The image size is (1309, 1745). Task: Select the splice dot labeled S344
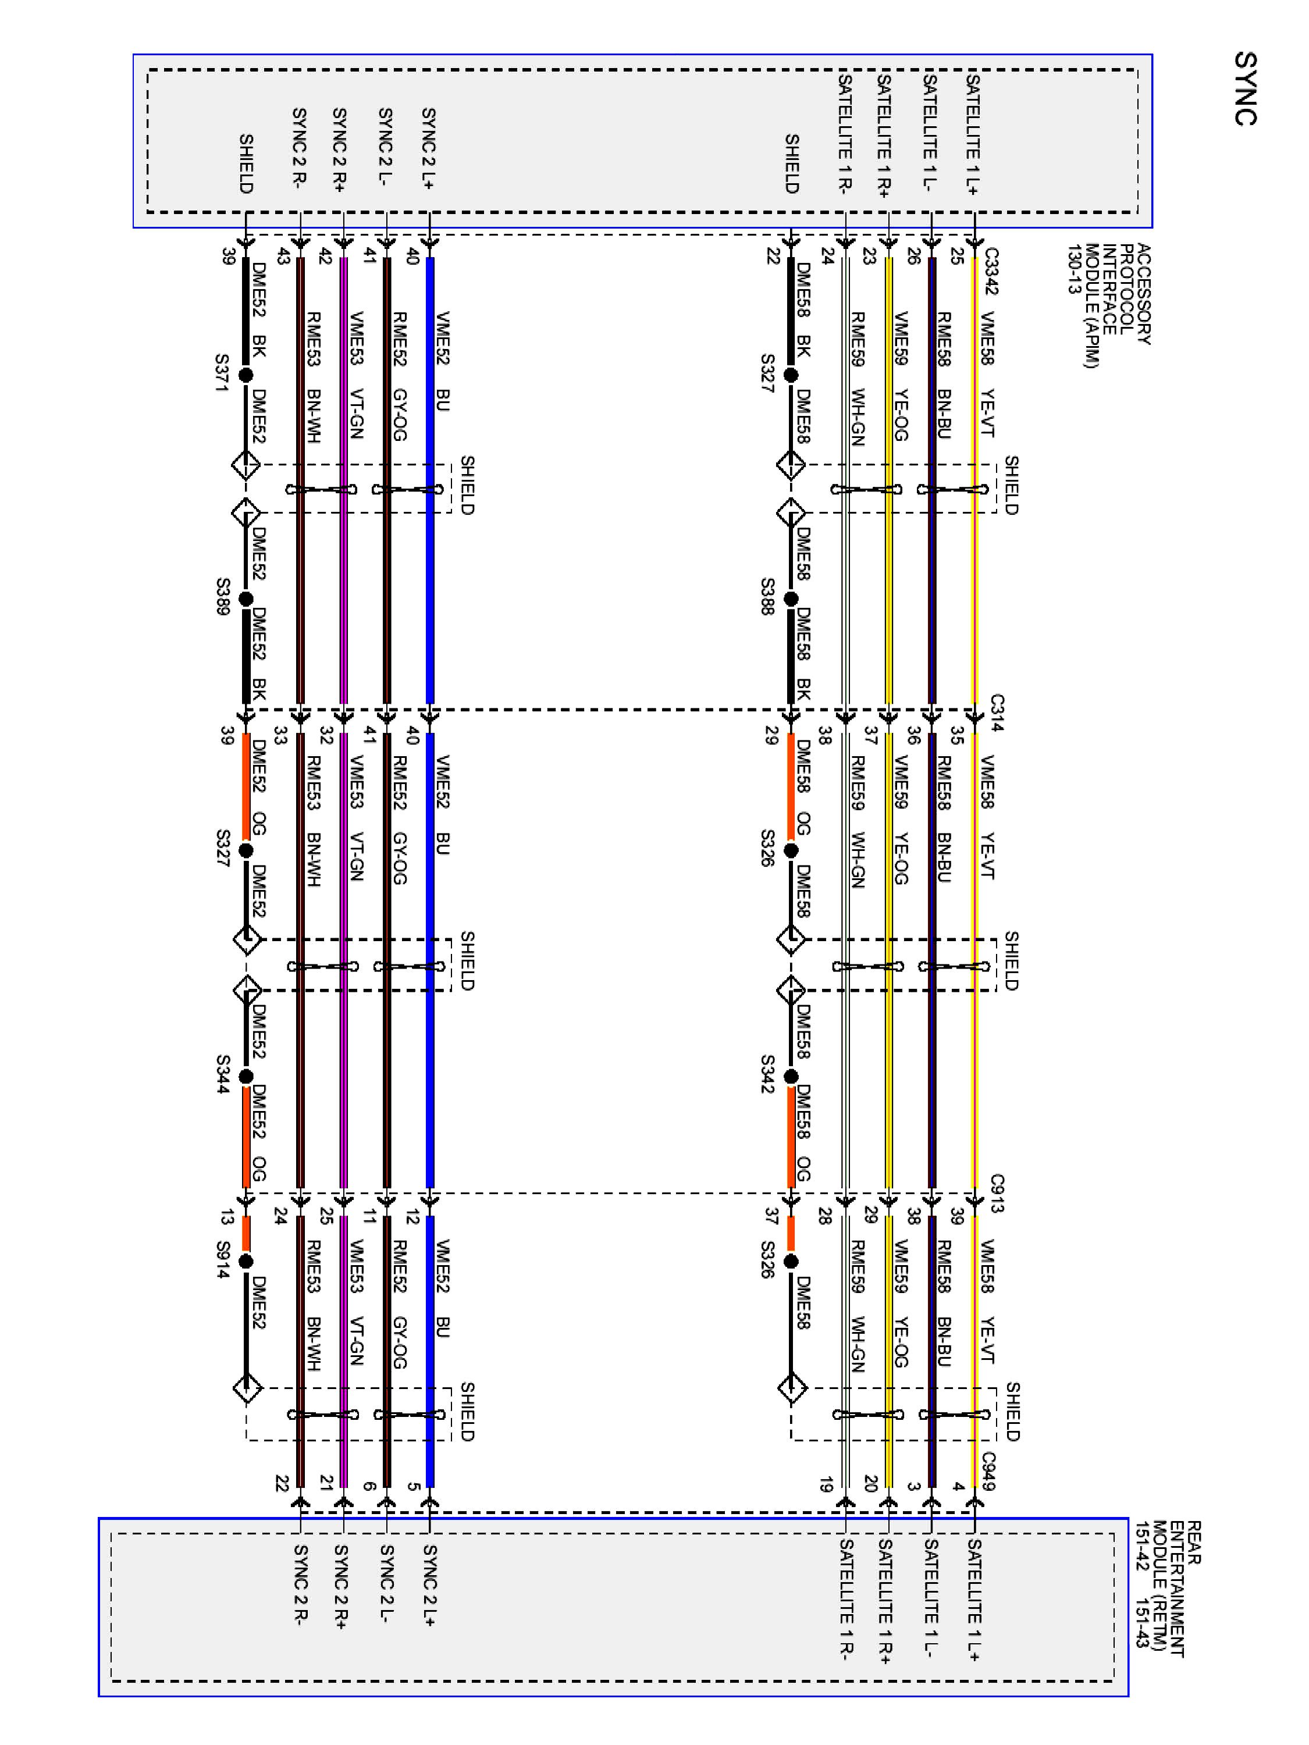(246, 1077)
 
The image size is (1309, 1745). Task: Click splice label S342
(767, 1074)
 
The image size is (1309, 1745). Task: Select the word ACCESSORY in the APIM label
(1144, 294)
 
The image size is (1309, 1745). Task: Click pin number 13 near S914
(226, 1218)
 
